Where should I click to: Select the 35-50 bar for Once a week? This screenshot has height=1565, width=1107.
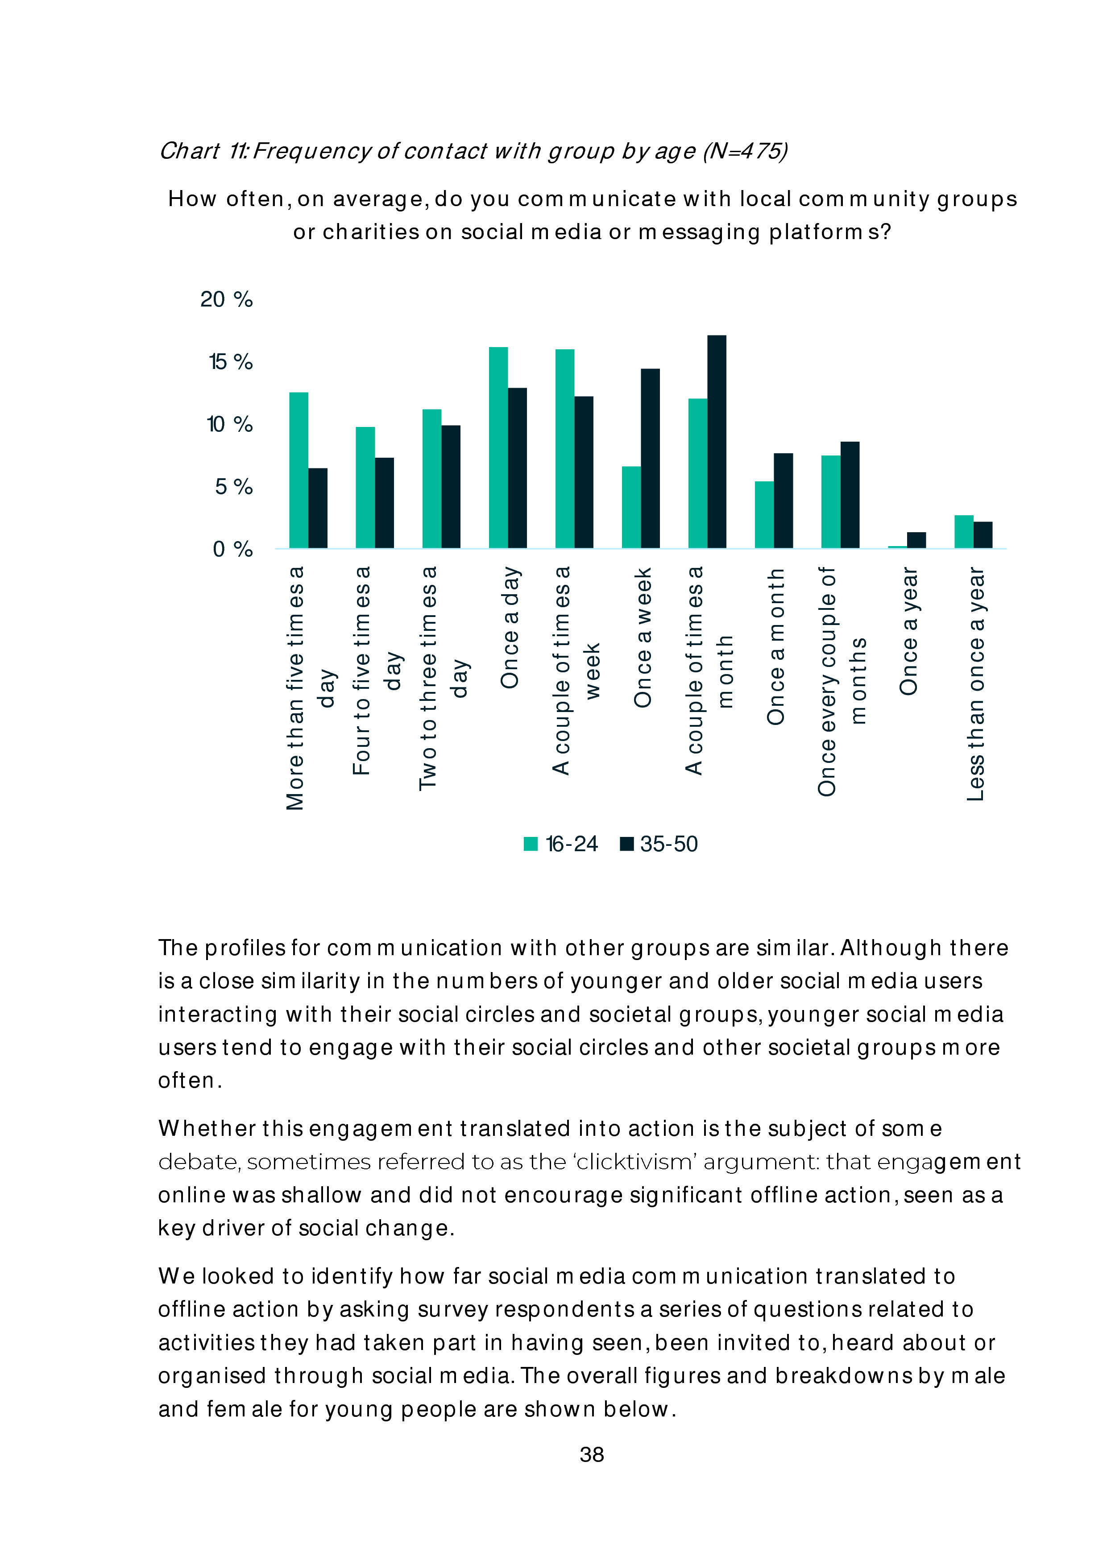[x=650, y=458]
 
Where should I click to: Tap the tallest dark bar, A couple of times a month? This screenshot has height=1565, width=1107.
[x=717, y=442]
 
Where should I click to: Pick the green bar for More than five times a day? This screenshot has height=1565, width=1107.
[x=299, y=470]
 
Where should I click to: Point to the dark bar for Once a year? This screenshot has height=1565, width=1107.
[x=916, y=540]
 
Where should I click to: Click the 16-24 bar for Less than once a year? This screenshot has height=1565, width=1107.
[x=963, y=532]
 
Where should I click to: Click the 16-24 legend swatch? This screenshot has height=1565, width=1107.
[x=531, y=844]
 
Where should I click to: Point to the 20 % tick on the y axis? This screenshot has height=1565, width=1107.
[x=226, y=299]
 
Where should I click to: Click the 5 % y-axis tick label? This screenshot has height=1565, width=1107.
[x=233, y=487]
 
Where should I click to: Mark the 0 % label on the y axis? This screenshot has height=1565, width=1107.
[x=232, y=549]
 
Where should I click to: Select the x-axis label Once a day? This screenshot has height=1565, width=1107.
[x=510, y=627]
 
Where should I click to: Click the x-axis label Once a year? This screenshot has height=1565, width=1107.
[x=908, y=630]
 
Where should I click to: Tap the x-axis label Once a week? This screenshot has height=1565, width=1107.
[x=643, y=638]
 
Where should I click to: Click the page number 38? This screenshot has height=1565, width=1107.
[x=592, y=1454]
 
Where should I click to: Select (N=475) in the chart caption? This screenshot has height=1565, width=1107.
[x=745, y=151]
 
